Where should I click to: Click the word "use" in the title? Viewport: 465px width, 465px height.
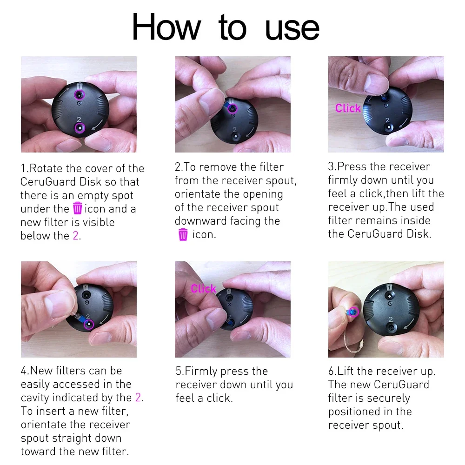(292, 29)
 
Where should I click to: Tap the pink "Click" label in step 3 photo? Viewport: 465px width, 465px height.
(348, 108)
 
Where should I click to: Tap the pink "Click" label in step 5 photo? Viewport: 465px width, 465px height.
(204, 289)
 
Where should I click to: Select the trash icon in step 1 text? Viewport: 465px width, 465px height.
(77, 208)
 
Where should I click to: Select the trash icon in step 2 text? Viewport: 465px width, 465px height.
(183, 234)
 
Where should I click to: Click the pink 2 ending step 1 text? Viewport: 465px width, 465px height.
(76, 235)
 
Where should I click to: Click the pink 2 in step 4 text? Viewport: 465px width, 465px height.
(138, 398)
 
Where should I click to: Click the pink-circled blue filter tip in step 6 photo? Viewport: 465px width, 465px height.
(353, 312)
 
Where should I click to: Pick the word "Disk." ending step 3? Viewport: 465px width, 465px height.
(419, 234)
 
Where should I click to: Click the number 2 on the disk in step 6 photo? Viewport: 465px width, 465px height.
(391, 319)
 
